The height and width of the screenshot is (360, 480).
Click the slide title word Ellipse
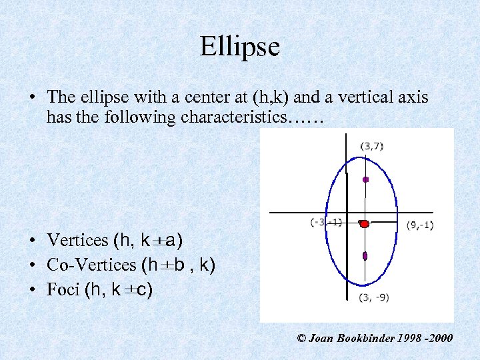tap(239, 47)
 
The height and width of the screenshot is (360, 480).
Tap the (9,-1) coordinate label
tap(420, 225)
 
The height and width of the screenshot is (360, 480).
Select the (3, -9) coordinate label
tap(373, 297)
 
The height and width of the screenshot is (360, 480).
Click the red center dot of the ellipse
tap(364, 225)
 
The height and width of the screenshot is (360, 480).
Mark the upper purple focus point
tap(365, 179)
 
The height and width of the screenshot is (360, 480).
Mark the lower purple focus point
tap(365, 256)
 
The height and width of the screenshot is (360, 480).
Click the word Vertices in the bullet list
tap(77, 240)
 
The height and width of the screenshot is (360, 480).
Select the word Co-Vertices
tap(91, 265)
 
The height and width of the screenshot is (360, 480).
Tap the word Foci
tap(63, 289)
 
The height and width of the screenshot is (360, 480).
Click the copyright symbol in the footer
tap(301, 339)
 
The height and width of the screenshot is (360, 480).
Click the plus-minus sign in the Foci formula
tap(129, 290)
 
